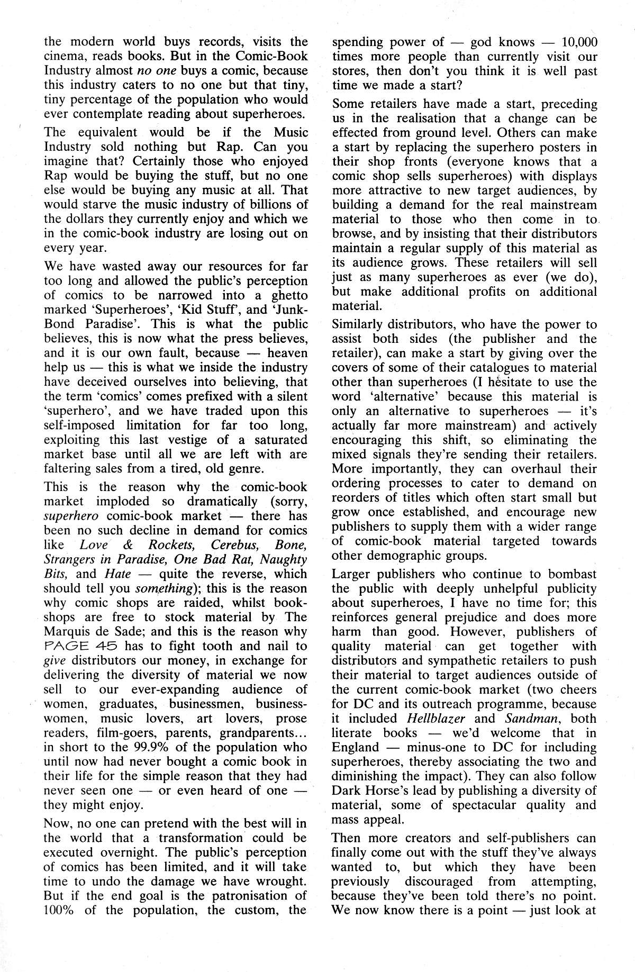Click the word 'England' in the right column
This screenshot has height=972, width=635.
pos(355,748)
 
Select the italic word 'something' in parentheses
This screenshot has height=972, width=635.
pos(163,588)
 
